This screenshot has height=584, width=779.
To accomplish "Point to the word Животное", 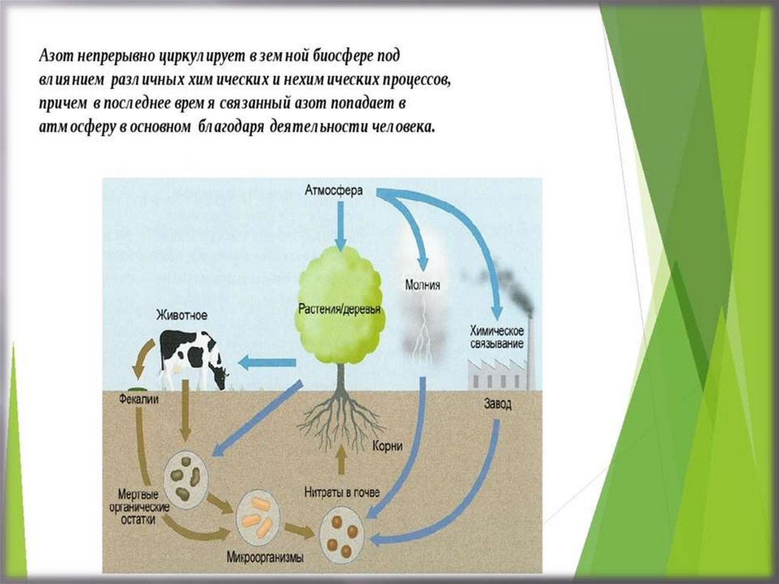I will (x=182, y=314).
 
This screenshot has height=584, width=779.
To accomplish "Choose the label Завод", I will (x=498, y=404).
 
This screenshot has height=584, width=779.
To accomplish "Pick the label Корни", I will (x=388, y=447).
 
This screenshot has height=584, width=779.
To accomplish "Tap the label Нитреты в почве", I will (x=342, y=491).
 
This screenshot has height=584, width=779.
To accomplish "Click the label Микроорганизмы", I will (x=265, y=557).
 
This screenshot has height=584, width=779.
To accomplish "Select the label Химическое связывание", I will (x=497, y=338).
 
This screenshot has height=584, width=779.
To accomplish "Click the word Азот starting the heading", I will (x=56, y=58).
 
